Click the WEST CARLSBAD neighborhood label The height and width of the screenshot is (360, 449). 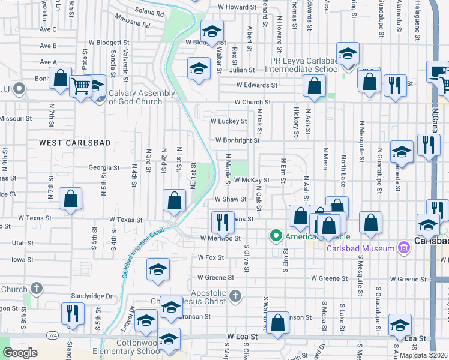pos(67,142)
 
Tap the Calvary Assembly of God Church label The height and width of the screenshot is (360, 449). pos(142,97)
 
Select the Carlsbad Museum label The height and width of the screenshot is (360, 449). pos(360,248)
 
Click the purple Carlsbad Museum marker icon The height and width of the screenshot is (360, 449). pos(405,245)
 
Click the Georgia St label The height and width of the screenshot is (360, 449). pos(104,168)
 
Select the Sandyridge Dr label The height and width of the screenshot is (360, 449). pos(92,296)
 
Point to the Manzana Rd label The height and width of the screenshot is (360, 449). pos(137,25)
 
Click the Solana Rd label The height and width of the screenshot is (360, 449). pos(149,13)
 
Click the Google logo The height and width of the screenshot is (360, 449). pos(20,353)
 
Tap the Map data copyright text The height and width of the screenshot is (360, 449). pos(424,355)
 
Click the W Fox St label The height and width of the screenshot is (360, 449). pos(211,257)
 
